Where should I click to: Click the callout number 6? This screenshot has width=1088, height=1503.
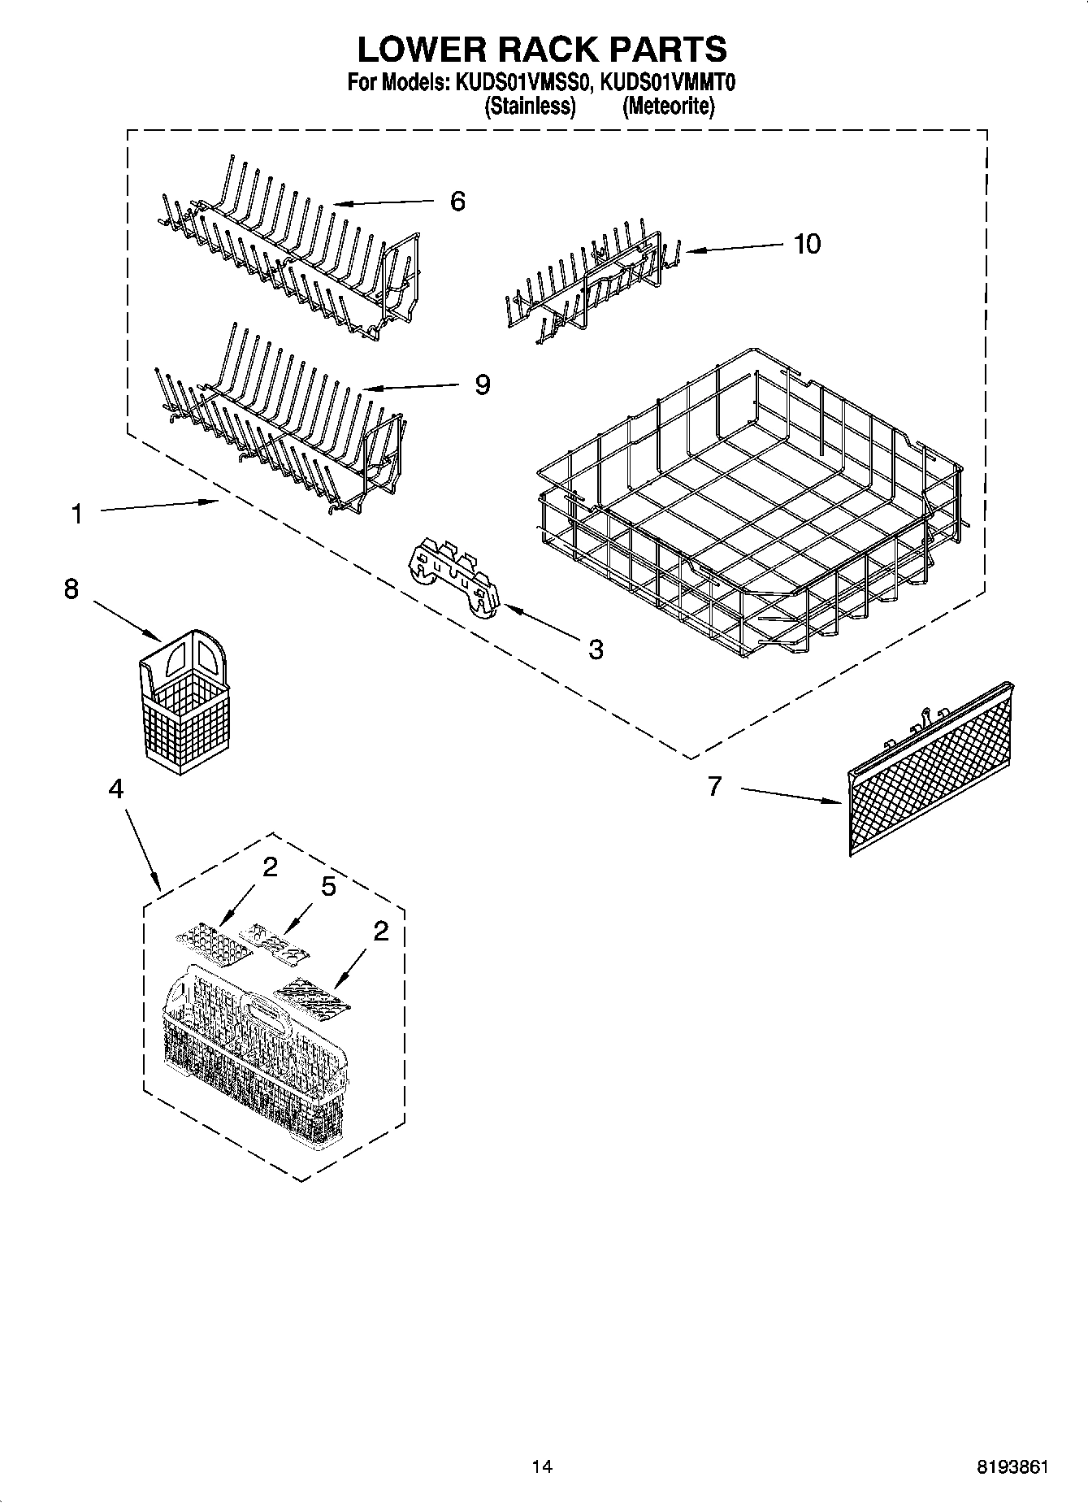click(x=457, y=202)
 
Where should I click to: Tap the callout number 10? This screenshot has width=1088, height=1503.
click(x=807, y=243)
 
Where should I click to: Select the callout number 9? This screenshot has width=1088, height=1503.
click(x=483, y=384)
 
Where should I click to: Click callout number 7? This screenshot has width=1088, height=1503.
click(x=714, y=786)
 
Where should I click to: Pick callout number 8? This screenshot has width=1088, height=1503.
click(x=72, y=589)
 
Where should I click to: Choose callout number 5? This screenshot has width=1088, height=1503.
click(x=328, y=887)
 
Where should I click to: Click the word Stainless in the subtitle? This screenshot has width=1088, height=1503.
click(x=530, y=106)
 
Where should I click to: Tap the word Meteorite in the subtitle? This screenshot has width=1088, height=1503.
click(x=669, y=106)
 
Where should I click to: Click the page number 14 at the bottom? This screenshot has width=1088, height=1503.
click(x=541, y=1466)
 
